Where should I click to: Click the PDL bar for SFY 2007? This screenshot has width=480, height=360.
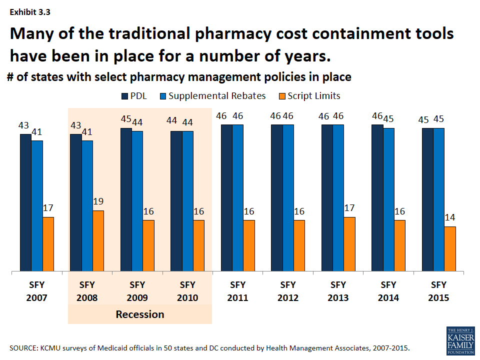25,203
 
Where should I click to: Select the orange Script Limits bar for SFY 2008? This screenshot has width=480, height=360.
98,241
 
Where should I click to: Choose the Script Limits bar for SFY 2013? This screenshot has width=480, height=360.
349,244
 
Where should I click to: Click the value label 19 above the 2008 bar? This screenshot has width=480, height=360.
98,202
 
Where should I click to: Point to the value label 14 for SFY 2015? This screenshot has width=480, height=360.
450,218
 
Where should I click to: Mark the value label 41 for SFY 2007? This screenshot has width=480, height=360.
37,132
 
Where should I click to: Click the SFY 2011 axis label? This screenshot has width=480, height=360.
237,291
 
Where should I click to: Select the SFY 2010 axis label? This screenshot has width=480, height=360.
187,291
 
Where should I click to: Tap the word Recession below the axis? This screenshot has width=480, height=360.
140,314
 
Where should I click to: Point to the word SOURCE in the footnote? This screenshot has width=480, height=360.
23,347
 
